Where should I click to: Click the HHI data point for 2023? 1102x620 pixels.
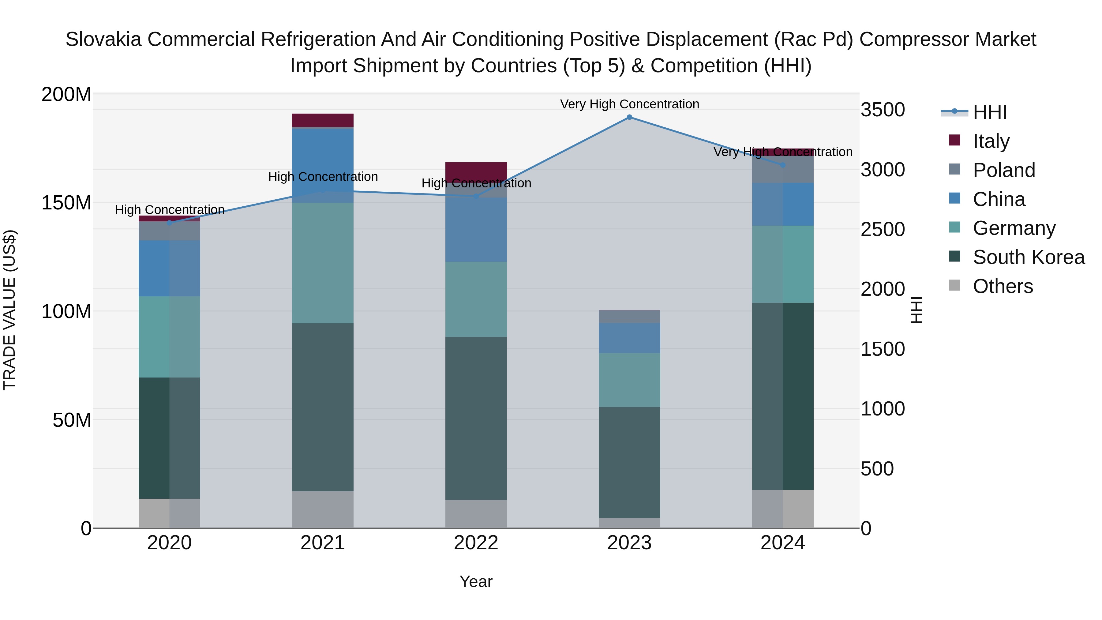(x=629, y=117)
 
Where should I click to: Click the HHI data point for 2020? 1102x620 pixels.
(x=169, y=223)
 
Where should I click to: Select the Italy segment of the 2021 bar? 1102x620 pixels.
(x=323, y=120)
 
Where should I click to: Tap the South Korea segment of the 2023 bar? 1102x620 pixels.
(x=629, y=462)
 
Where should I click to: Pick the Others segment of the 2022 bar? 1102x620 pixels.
(x=476, y=514)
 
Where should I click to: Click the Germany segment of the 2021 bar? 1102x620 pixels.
(x=323, y=263)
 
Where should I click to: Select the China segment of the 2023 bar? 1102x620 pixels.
(x=629, y=338)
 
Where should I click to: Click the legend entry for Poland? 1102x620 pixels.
(x=1003, y=170)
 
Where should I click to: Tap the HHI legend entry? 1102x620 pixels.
(x=989, y=112)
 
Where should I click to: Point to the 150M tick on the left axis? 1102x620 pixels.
(x=66, y=203)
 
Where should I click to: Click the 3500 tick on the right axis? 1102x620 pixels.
(x=883, y=110)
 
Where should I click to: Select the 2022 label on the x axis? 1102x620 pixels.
(x=476, y=543)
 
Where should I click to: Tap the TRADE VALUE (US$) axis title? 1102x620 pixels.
(x=9, y=310)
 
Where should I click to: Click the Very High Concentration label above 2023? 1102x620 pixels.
(x=629, y=104)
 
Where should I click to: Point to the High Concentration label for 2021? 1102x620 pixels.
(x=323, y=177)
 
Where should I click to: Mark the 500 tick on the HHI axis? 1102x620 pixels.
(x=877, y=468)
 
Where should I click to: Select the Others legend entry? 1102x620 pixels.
(x=1002, y=286)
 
